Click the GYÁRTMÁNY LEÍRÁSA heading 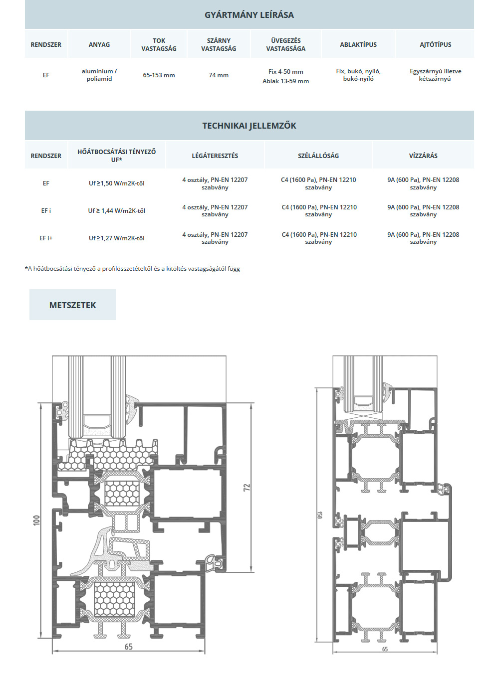coord(249,15)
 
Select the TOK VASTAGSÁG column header coord(159,45)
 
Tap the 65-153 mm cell coord(159,75)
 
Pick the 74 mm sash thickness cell coord(219,75)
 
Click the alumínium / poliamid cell coord(99,75)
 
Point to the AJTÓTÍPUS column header coord(436,45)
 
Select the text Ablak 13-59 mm coord(286,81)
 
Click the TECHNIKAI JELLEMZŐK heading coord(249,126)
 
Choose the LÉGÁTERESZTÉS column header coord(215,156)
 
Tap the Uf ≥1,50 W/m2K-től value coord(117,183)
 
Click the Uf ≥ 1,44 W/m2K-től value coord(117,211)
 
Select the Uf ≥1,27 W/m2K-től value coord(117,238)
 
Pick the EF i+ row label coord(46,238)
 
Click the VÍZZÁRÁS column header coord(423,156)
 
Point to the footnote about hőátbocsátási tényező coord(132,269)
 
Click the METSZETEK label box coord(72,305)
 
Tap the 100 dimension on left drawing coord(36,520)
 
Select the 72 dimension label coord(247,487)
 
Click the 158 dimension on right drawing coord(319,514)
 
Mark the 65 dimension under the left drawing coord(128,647)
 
